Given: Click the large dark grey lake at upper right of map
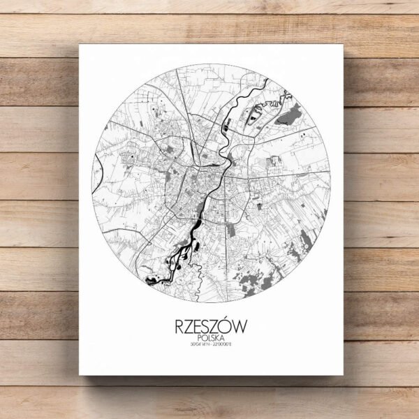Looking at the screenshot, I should point(291,112).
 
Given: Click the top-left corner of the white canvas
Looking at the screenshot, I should point(80,45).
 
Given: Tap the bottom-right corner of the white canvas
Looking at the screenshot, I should point(345,375).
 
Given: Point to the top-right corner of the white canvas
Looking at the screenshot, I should point(345,45).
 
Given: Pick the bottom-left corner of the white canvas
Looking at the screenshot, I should point(80,375).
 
